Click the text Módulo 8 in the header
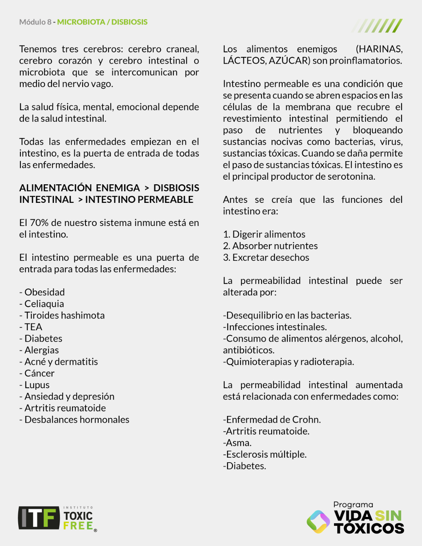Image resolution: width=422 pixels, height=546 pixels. click(x=35, y=22)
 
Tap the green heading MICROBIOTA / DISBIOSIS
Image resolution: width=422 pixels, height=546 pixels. click(x=102, y=22)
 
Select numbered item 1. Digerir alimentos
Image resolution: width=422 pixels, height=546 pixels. click(x=264, y=234)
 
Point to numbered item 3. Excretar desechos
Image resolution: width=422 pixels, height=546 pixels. click(x=266, y=257)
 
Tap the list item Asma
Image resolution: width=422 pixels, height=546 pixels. click(x=238, y=443)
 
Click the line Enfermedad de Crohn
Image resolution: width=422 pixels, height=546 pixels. click(x=272, y=420)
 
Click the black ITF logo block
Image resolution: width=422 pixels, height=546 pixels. click(x=39, y=518)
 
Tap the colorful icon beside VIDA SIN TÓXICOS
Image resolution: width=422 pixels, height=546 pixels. click(x=318, y=521)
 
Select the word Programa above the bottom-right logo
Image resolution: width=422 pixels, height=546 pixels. click(x=353, y=505)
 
